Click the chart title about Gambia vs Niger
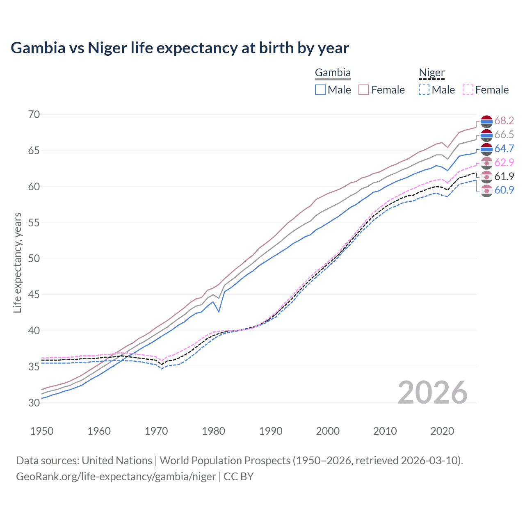point(180,48)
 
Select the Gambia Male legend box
point(320,90)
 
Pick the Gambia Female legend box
point(364,90)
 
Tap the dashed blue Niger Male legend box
point(424,90)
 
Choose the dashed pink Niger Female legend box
point(468,90)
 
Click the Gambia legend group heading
point(333,73)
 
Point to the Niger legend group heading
point(431,73)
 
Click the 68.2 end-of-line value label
point(504,121)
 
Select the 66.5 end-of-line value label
point(504,135)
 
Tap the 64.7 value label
point(504,148)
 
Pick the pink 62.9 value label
point(504,162)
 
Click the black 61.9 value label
point(504,176)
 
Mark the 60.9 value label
point(504,190)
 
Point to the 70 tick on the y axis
point(34,114)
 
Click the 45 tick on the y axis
point(34,294)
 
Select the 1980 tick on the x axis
point(213,431)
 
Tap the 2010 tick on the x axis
point(385,431)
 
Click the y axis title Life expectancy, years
point(18,262)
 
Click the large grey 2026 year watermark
point(432,393)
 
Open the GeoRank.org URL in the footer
point(116,477)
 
